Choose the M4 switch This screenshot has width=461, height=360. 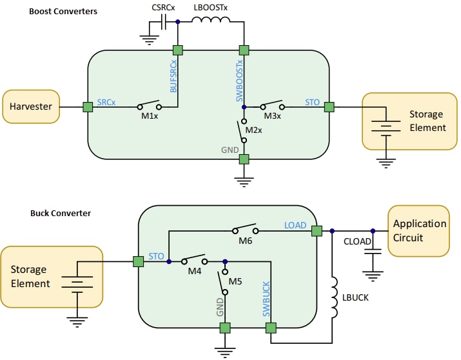click(x=195, y=261)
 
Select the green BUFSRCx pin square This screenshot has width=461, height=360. click(x=178, y=50)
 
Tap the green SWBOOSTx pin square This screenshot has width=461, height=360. click(x=244, y=50)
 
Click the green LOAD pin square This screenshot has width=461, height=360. click(x=317, y=230)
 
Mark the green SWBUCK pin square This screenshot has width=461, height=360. click(x=271, y=328)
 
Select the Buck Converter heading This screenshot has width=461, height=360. click(x=61, y=213)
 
